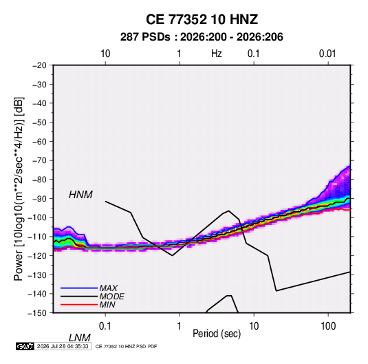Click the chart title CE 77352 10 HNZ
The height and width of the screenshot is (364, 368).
202,19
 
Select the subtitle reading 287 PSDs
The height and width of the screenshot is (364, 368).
145,37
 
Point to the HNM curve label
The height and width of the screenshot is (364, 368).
80,195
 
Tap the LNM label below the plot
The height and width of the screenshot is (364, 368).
79,338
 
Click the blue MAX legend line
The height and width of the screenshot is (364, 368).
79,288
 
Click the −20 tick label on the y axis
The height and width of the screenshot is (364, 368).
39,65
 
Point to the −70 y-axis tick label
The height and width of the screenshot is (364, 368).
39,160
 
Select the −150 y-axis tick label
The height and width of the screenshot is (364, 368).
37,313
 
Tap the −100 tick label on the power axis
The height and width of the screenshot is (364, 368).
37,217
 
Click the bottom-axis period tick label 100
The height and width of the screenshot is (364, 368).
328,326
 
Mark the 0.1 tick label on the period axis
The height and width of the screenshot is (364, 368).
105,326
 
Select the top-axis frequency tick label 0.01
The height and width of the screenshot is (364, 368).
327,54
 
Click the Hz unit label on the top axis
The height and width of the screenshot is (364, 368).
217,54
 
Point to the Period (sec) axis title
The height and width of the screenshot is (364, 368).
217,334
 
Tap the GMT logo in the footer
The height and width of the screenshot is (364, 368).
25,346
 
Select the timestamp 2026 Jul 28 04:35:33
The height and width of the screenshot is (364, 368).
63,346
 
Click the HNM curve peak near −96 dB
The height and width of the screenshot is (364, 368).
228,211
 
